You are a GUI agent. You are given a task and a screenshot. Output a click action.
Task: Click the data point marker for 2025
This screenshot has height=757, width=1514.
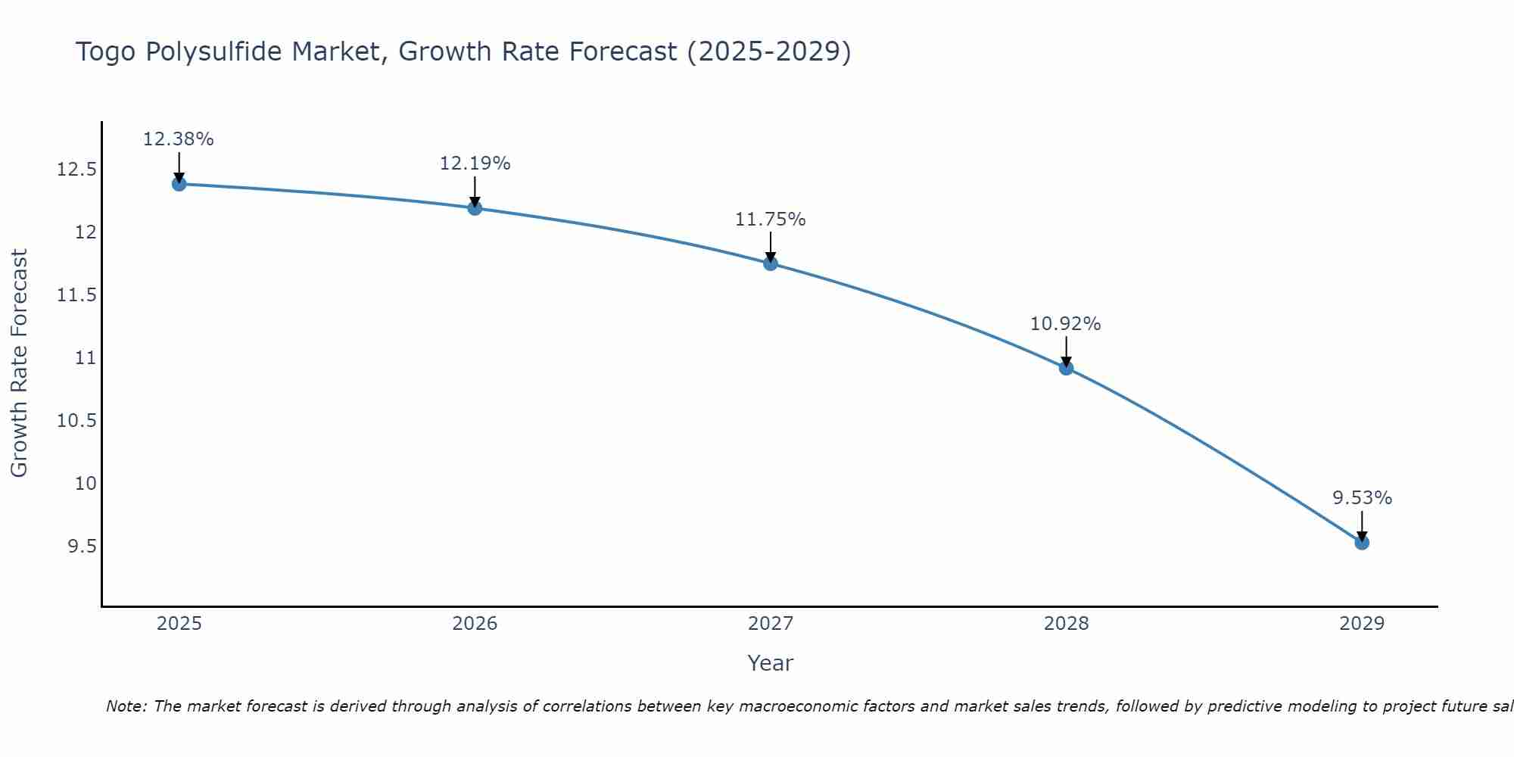(x=179, y=184)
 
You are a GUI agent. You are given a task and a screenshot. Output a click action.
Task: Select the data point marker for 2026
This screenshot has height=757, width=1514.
(x=475, y=208)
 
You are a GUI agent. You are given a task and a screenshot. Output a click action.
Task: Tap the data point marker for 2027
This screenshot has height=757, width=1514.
(x=771, y=263)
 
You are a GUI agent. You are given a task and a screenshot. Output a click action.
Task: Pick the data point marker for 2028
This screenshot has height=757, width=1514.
(x=1066, y=368)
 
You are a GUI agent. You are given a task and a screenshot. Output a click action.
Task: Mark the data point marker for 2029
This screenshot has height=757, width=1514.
(x=1362, y=543)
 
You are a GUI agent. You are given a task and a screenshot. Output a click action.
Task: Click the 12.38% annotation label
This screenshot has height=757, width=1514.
(x=179, y=139)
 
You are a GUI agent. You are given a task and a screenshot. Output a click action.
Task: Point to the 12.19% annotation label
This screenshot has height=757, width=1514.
(x=475, y=164)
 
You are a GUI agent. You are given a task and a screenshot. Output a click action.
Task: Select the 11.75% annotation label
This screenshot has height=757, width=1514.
(x=771, y=220)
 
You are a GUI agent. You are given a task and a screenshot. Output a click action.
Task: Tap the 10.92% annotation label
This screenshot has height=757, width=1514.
(x=1066, y=324)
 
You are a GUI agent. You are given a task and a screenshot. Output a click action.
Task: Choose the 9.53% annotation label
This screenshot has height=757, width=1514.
(x=1362, y=498)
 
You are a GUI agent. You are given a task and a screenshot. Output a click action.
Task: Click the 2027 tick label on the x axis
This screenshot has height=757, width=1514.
(x=771, y=624)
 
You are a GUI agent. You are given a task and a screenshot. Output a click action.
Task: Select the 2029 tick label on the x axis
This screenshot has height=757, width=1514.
(x=1362, y=624)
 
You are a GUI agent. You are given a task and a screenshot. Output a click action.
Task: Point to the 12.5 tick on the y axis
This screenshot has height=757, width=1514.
(x=77, y=169)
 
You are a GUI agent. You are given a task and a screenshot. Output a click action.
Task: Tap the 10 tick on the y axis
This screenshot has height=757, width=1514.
(x=86, y=483)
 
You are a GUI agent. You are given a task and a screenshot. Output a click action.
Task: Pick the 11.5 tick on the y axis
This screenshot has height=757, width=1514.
(x=77, y=294)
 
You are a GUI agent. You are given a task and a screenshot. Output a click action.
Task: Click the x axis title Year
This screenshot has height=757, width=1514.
(x=771, y=663)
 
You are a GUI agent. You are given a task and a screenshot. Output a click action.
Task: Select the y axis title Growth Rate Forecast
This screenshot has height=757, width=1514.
(x=19, y=363)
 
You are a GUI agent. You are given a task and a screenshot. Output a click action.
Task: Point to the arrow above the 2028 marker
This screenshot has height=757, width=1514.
(x=1066, y=350)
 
